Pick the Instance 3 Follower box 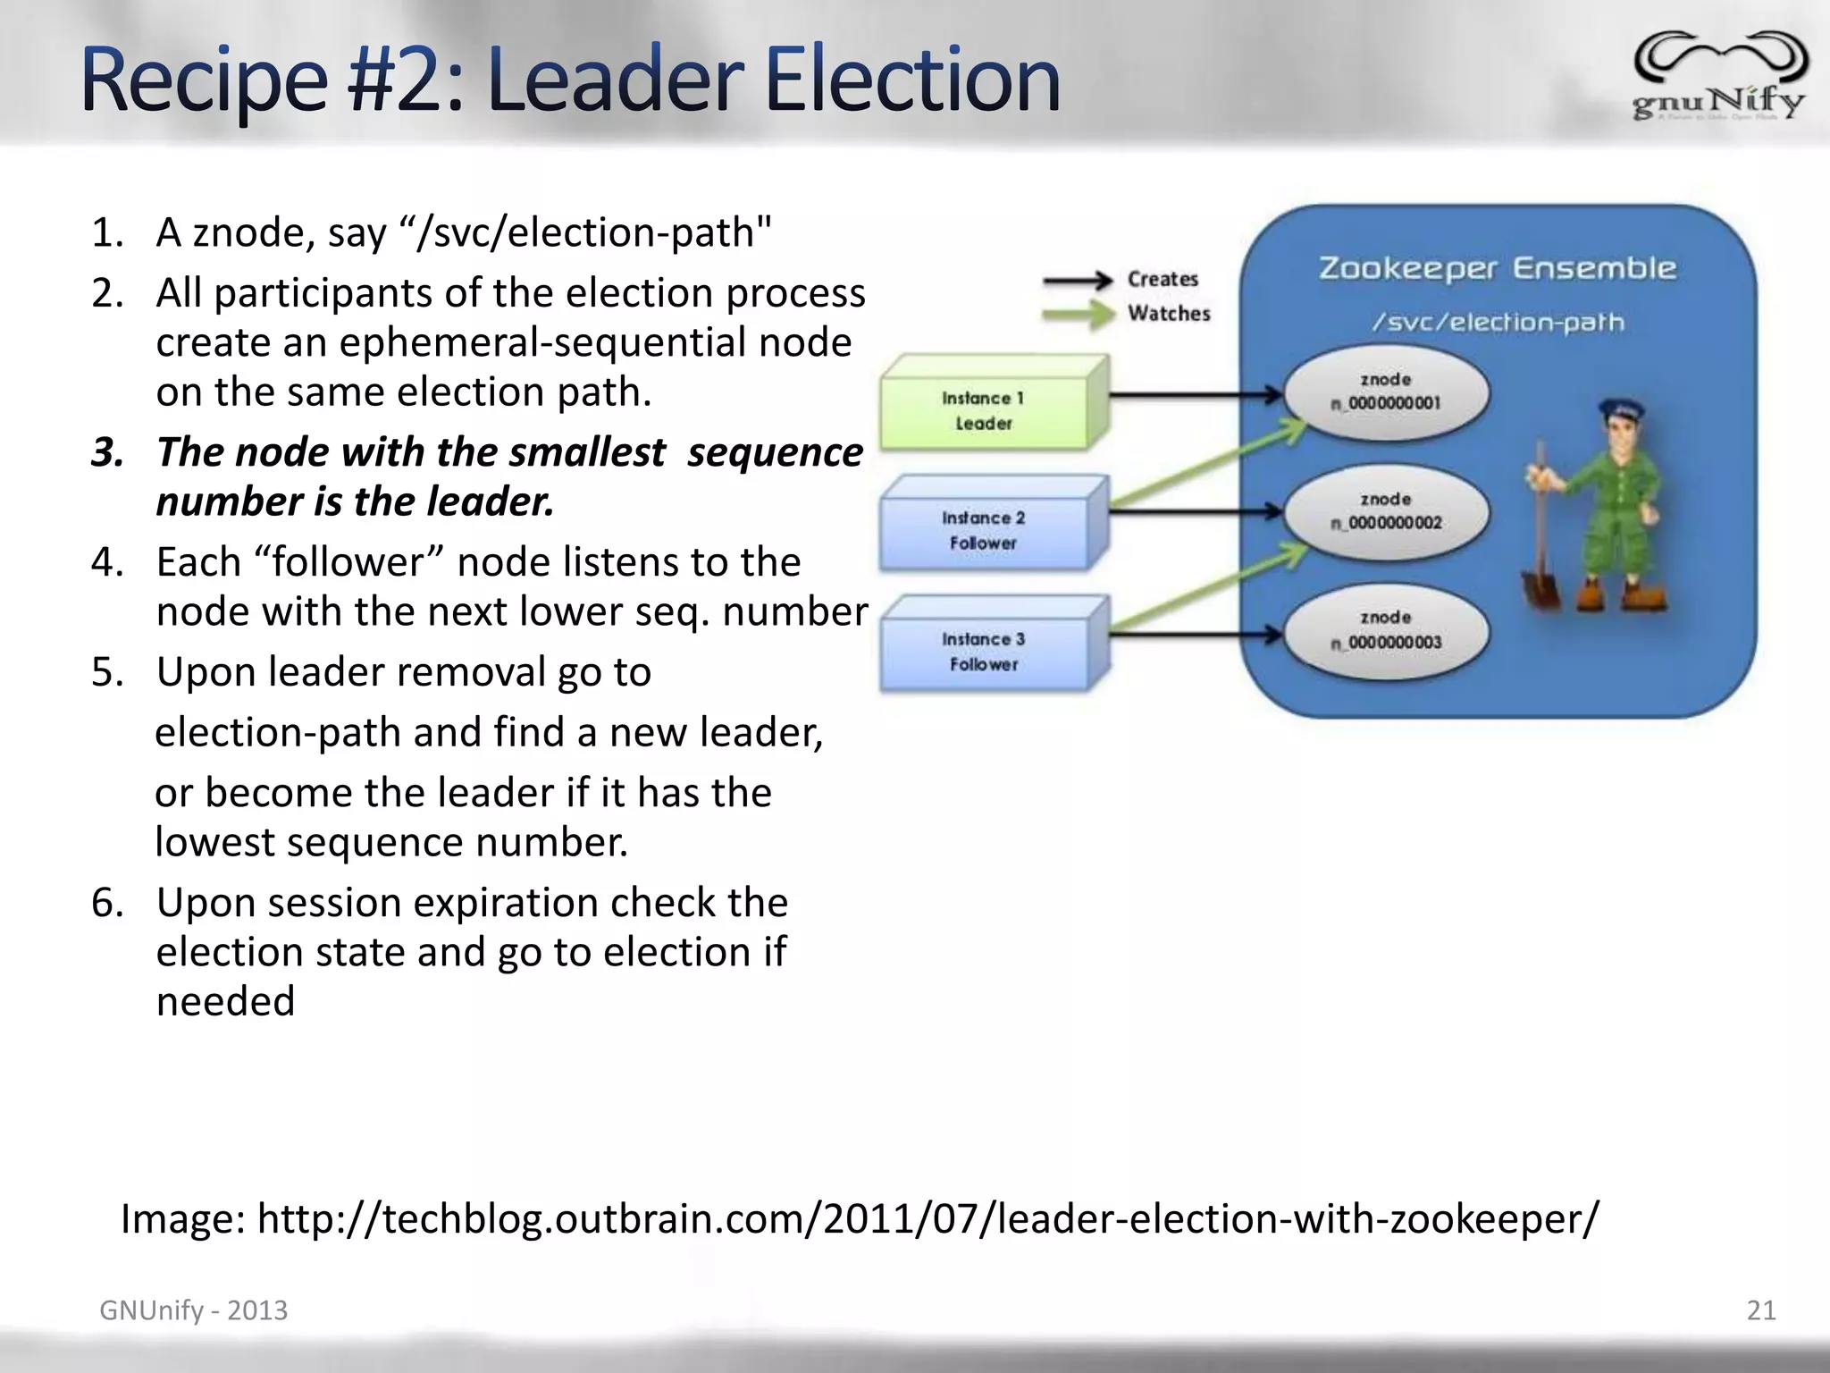[x=984, y=652]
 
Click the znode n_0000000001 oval [x=1386, y=392]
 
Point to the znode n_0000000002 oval [x=1386, y=511]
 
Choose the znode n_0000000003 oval [x=1386, y=631]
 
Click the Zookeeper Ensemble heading [x=1498, y=268]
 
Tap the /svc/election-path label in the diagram [x=1498, y=322]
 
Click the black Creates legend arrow [x=1078, y=281]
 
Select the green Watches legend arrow [x=1078, y=315]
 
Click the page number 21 [x=1761, y=1310]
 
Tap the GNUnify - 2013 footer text [x=193, y=1310]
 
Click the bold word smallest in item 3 [x=587, y=452]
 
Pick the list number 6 [x=106, y=903]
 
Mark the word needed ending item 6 [x=225, y=1001]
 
